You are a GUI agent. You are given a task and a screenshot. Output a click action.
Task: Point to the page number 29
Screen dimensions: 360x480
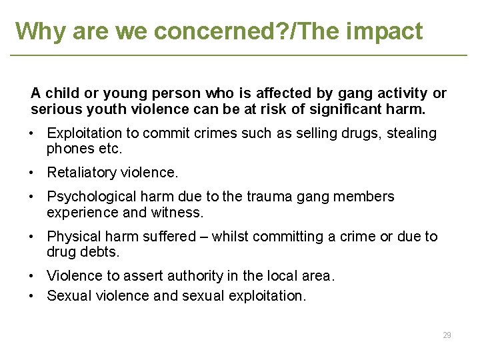[447, 335]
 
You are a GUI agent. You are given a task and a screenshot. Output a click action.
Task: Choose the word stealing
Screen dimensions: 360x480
[412, 133]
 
